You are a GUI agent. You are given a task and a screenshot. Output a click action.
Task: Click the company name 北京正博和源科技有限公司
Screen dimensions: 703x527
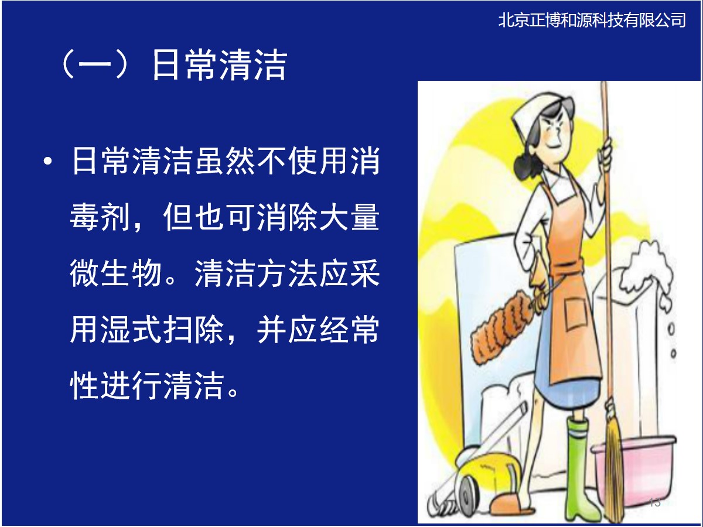coord(592,20)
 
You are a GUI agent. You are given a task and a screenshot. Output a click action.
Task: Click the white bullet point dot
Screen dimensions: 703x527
coord(47,161)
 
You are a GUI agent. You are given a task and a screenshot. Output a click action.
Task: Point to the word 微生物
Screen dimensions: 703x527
coord(115,273)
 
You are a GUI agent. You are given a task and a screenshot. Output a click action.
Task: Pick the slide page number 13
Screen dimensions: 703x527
coord(654,502)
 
